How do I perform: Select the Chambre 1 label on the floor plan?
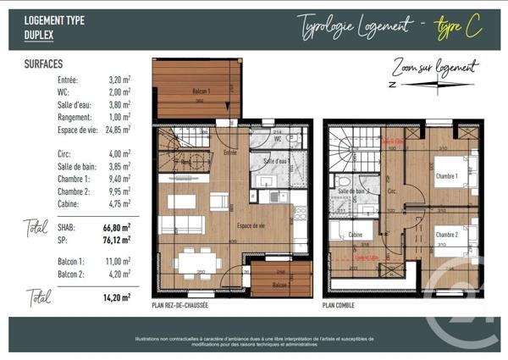pyautogui.click(x=446, y=176)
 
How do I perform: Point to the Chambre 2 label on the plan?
pyautogui.click(x=447, y=235)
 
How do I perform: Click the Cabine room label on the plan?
pyautogui.click(x=356, y=235)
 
